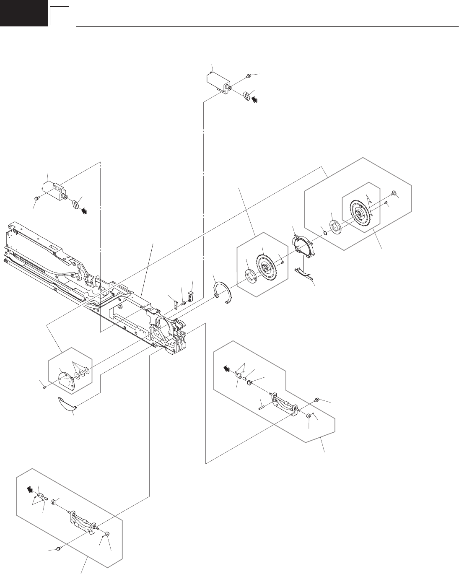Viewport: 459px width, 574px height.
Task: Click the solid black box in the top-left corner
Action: [x=23, y=13]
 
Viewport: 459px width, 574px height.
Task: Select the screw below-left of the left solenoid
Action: [x=37, y=197]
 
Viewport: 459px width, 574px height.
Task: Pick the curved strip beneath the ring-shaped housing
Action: [x=304, y=273]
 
